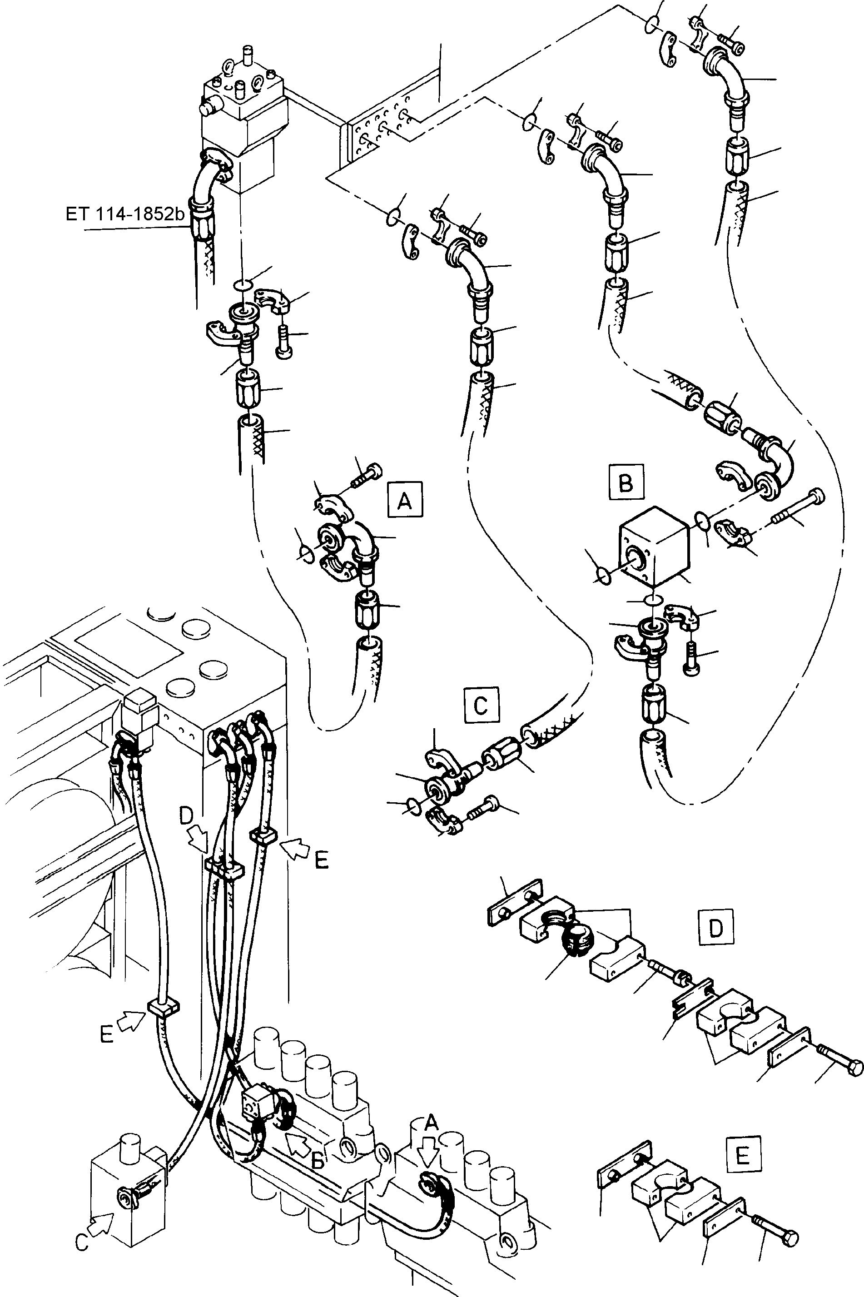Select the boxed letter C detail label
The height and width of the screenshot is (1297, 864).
[x=482, y=704]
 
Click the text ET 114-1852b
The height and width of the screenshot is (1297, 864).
[x=125, y=214]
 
